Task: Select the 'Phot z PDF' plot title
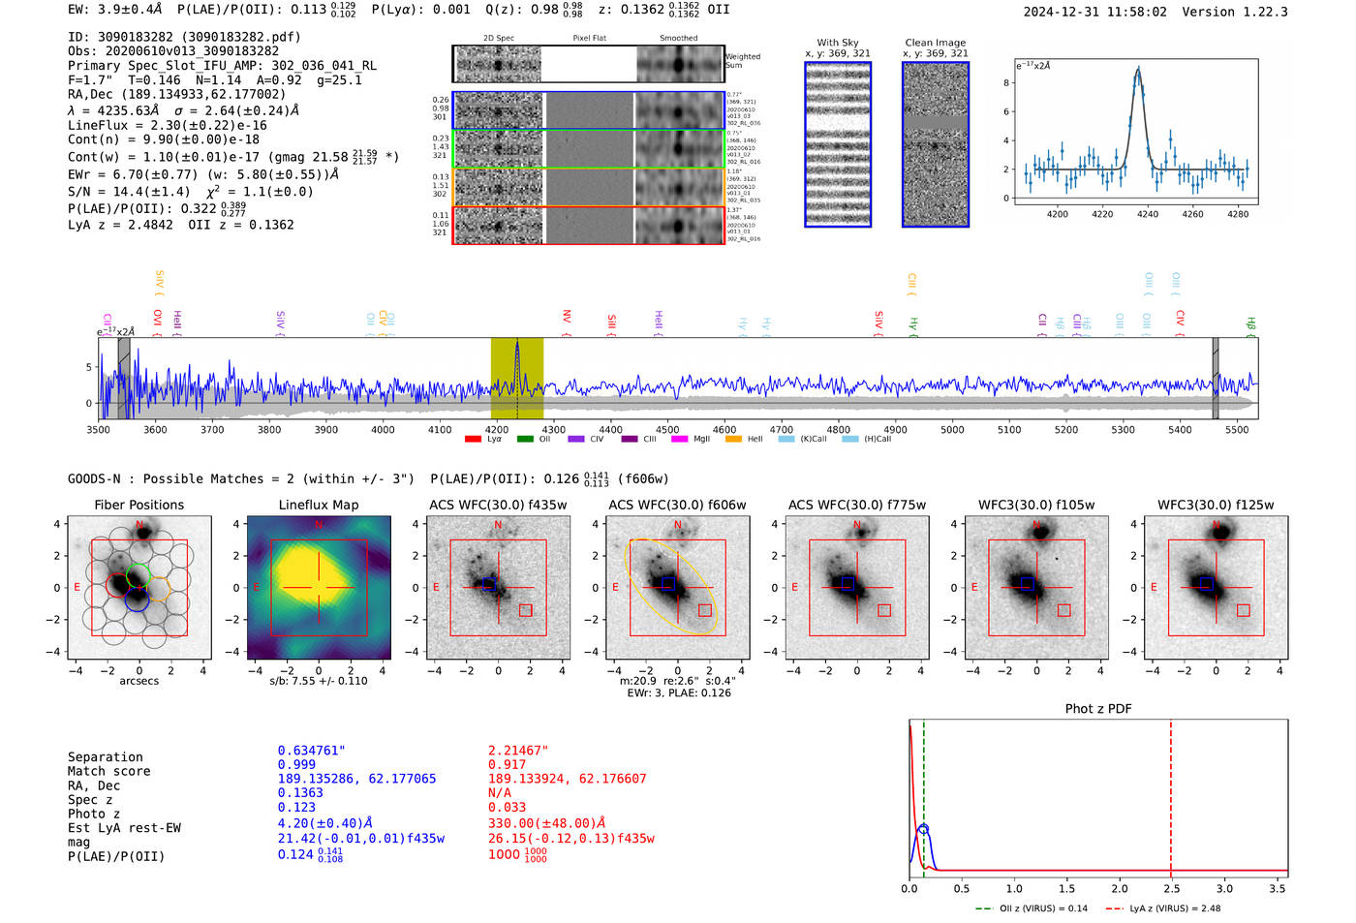click(x=1098, y=708)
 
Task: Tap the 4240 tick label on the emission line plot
click(x=1148, y=214)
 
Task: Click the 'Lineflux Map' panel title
click(x=318, y=505)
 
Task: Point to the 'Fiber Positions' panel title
click(x=139, y=505)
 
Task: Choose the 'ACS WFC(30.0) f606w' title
click(x=677, y=505)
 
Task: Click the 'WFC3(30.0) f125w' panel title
click(x=1216, y=505)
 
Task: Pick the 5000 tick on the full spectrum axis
click(x=952, y=429)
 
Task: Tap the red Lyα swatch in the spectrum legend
click(x=473, y=439)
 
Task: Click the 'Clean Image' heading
click(x=935, y=43)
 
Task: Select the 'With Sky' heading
click(x=837, y=43)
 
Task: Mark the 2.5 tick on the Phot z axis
click(x=1171, y=888)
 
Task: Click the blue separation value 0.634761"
click(x=311, y=751)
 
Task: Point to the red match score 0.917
click(x=508, y=764)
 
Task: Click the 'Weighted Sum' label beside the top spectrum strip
click(x=742, y=61)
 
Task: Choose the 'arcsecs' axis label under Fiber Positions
click(x=139, y=681)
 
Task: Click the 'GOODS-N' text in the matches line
click(x=94, y=478)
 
